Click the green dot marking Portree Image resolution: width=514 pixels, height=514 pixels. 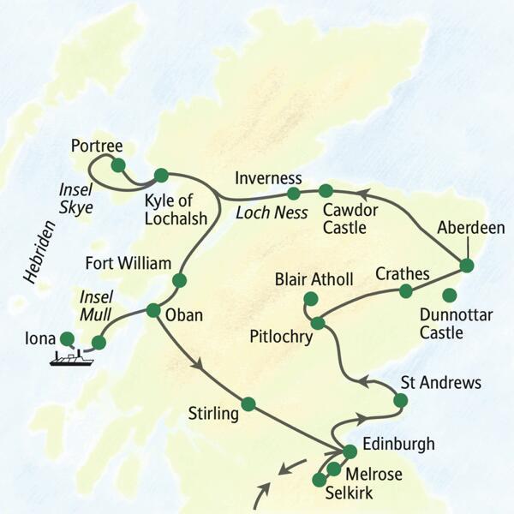coord(118,164)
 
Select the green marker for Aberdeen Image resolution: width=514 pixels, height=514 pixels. coord(466,264)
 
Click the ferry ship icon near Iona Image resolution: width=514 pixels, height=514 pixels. coord(69,358)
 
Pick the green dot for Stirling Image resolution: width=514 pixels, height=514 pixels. coord(248,403)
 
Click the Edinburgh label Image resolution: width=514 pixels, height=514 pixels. coord(398,444)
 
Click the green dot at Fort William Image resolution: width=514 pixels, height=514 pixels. coord(180,280)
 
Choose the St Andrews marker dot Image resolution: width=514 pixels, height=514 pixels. coord(400,400)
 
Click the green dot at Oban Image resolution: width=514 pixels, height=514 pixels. coord(153,310)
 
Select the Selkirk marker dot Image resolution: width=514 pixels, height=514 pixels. coord(319,479)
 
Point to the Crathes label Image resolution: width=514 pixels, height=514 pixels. coord(402,273)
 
